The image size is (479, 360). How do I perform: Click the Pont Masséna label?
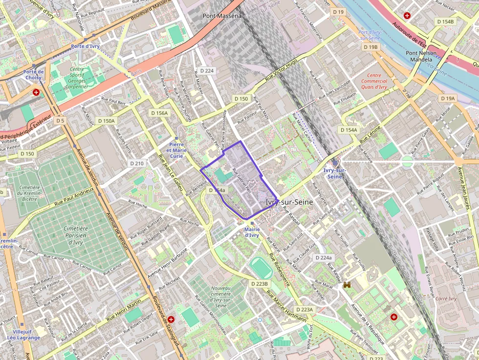coord(222,16)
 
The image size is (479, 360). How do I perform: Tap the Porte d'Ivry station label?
coord(86,46)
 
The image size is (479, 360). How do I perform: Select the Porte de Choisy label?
coord(34,75)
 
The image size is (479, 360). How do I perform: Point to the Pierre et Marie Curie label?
coord(176,150)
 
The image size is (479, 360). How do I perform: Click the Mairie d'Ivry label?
coord(251,232)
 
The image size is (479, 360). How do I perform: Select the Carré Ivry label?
coord(445,299)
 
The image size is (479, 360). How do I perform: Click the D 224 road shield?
coord(207,71)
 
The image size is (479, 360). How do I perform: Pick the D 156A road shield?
coord(159,113)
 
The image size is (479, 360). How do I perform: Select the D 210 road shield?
coord(137,163)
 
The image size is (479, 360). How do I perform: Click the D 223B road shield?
coord(260,284)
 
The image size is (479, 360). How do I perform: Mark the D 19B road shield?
coord(370,47)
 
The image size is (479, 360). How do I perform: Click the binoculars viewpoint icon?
coord(348,284)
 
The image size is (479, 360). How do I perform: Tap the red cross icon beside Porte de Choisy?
coord(36,92)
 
